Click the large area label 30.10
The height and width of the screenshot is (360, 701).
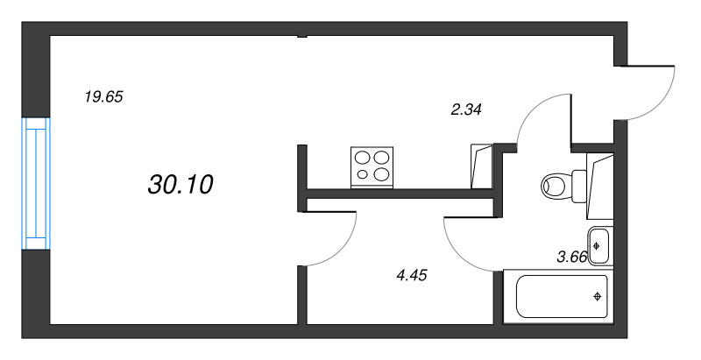click(x=181, y=184)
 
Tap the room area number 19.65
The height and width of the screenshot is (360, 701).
click(x=103, y=97)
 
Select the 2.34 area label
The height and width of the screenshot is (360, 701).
click(x=466, y=109)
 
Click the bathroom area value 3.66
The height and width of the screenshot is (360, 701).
click(x=573, y=258)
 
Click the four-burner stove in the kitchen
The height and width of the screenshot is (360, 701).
click(x=372, y=166)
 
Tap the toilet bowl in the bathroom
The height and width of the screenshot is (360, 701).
click(x=556, y=185)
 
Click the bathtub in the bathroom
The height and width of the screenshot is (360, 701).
click(x=561, y=296)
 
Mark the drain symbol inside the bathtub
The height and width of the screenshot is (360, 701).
click(x=598, y=297)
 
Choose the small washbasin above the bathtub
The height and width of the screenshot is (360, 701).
click(x=599, y=245)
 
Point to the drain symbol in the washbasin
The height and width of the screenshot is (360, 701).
click(x=596, y=245)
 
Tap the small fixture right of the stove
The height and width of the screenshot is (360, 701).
click(x=481, y=167)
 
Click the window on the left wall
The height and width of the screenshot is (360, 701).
click(x=36, y=185)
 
